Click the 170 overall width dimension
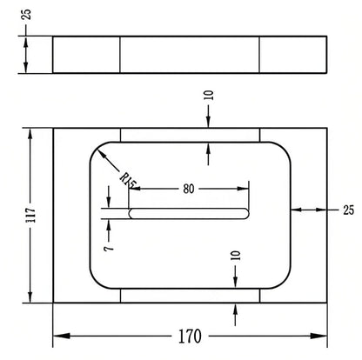(x=190, y=337)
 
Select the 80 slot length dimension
(x=189, y=189)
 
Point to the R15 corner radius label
(x=128, y=179)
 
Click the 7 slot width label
(x=109, y=249)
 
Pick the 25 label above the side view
(x=26, y=15)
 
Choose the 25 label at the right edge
(x=348, y=210)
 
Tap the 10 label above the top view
(x=209, y=96)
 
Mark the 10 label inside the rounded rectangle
(x=236, y=256)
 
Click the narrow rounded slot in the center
(x=189, y=214)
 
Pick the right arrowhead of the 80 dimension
(x=243, y=189)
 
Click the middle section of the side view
(x=190, y=55)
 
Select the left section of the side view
(x=86, y=55)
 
